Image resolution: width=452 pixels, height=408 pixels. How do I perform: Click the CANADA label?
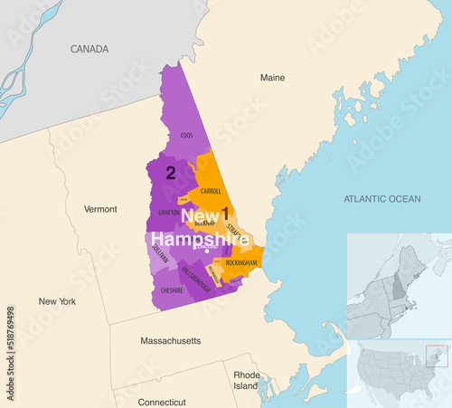point(89,49)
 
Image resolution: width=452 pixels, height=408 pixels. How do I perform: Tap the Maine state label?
point(272,78)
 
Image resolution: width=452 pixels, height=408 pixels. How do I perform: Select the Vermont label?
point(100,209)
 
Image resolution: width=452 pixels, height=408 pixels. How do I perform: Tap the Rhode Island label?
point(246,381)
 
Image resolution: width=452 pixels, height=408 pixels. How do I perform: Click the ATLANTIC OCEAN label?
point(382,198)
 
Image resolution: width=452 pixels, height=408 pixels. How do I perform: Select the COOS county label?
point(186,136)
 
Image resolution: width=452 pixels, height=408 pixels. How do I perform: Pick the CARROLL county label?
point(211,191)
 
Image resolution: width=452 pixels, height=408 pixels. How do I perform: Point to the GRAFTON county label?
point(169,213)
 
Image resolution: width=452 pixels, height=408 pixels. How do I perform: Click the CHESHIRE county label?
point(172,290)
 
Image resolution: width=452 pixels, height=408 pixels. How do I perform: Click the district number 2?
point(169,171)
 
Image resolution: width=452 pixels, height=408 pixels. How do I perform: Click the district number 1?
point(225,213)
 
